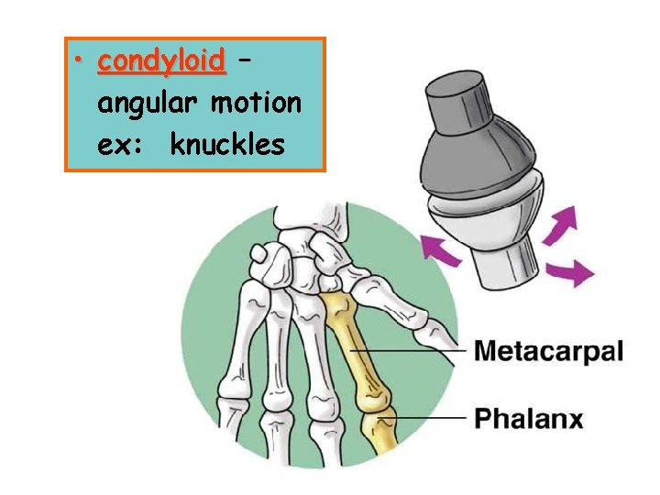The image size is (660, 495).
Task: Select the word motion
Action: (x=256, y=103)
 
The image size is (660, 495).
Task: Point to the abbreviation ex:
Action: (x=118, y=144)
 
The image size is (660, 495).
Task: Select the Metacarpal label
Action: (x=548, y=351)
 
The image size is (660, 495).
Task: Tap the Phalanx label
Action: (x=528, y=419)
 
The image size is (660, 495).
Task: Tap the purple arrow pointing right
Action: (x=570, y=271)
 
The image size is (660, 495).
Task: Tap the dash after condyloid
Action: (x=244, y=63)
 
